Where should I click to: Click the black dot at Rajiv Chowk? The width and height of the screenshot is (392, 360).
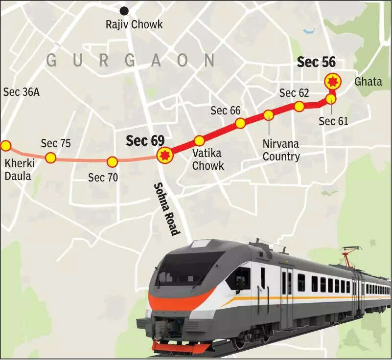(125, 10)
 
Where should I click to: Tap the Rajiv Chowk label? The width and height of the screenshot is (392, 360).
(134, 24)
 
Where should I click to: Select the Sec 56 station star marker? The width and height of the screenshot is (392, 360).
(333, 80)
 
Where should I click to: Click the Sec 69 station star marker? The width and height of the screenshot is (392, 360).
(164, 156)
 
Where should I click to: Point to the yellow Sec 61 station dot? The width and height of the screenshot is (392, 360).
(331, 99)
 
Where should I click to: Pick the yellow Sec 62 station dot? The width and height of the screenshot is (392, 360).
(300, 106)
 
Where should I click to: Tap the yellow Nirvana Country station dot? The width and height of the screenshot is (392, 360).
(269, 115)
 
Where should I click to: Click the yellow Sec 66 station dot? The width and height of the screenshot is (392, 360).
(240, 123)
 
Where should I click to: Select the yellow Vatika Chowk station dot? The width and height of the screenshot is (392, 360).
(199, 141)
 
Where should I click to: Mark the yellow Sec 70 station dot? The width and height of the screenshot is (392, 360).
(112, 161)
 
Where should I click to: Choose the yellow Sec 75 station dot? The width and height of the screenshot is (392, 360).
(50, 157)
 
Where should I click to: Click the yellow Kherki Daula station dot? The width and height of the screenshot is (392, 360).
(6, 145)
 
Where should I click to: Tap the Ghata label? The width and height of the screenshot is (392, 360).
(368, 81)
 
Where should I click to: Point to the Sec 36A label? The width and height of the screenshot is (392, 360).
(21, 91)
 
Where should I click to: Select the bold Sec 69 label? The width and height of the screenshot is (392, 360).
(145, 141)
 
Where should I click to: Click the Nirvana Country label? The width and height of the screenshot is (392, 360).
(281, 151)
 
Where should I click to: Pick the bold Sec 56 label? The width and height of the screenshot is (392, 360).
(316, 62)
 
